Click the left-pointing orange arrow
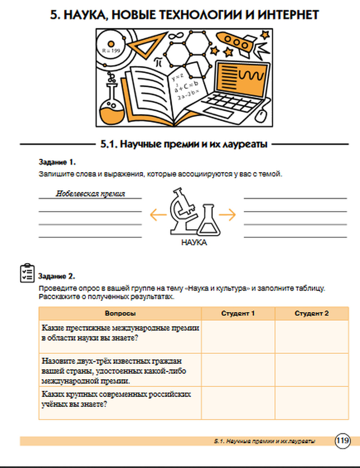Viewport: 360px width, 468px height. pyautogui.click(x=158, y=215)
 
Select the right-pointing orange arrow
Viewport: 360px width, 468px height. pyautogui.click(x=227, y=215)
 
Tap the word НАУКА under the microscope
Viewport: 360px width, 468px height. pyautogui.click(x=194, y=243)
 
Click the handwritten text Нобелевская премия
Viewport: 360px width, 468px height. pyautogui.click(x=90, y=194)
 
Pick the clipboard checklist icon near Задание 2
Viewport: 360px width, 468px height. pyautogui.click(x=27, y=273)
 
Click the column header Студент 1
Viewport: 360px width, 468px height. pyautogui.click(x=238, y=313)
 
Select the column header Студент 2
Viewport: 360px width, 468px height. pyautogui.click(x=311, y=313)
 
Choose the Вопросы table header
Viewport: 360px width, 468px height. pyautogui.click(x=120, y=313)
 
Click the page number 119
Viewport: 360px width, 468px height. pyautogui.click(x=342, y=440)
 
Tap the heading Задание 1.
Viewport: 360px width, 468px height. pyautogui.click(x=57, y=162)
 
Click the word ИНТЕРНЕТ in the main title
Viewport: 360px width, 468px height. pyautogui.click(x=288, y=15)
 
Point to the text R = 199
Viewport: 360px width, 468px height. pyautogui.click(x=111, y=51)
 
